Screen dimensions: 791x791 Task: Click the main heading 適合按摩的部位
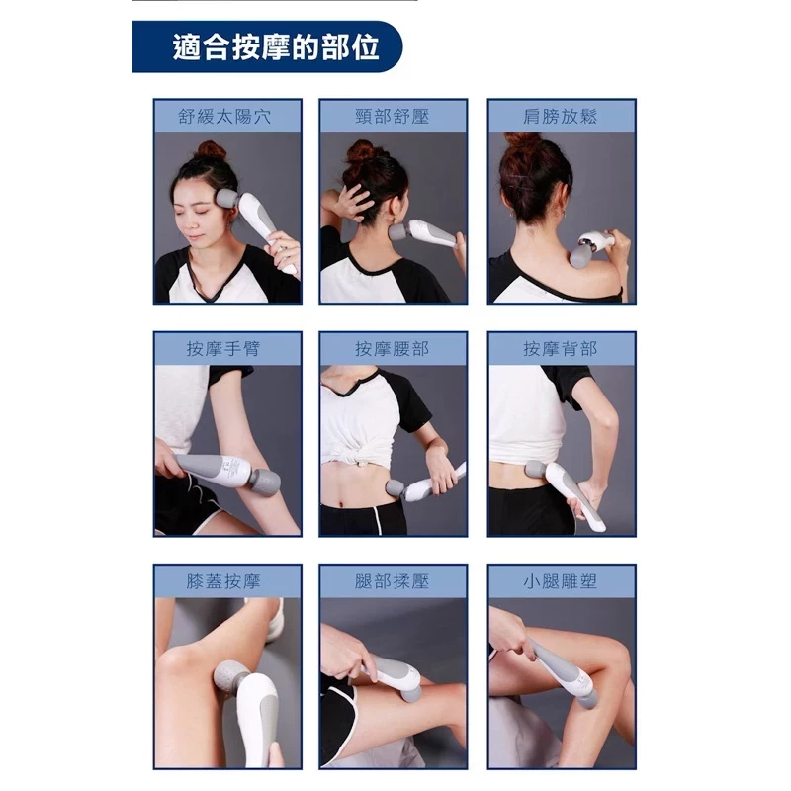click(276, 47)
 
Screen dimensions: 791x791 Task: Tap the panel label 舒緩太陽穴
click(224, 117)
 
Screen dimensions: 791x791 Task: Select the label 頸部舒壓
click(392, 117)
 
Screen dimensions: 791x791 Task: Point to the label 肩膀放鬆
click(560, 117)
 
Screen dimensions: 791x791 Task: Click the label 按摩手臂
click(223, 349)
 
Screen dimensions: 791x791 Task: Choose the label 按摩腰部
click(392, 349)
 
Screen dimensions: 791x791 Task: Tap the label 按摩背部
click(560, 349)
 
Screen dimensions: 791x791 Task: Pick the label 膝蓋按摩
click(223, 581)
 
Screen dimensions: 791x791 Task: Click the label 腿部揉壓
click(392, 581)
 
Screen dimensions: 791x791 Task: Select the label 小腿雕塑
click(560, 581)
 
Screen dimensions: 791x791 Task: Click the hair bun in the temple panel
click(212, 151)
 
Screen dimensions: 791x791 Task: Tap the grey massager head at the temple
click(227, 198)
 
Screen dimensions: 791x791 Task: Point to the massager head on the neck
click(398, 232)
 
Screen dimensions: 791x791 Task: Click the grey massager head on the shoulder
click(580, 255)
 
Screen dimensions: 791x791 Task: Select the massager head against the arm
click(266, 483)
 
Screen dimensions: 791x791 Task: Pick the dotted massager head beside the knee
click(233, 678)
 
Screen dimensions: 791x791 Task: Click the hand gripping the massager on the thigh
click(343, 655)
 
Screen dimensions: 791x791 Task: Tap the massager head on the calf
click(589, 700)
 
